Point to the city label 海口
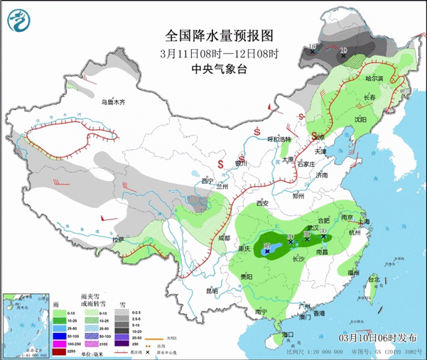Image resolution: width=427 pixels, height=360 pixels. point(287,334)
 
